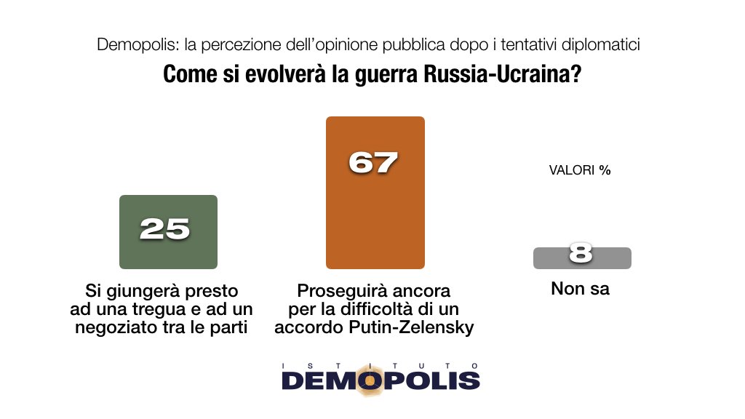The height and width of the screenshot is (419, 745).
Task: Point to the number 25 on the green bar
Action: pos(165,229)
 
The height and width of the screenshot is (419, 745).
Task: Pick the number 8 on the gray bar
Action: pos(581,253)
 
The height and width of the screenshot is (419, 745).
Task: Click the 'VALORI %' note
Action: pos(579,172)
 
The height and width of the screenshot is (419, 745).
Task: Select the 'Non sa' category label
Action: pos(580,289)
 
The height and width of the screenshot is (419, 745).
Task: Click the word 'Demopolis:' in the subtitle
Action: pos(137,44)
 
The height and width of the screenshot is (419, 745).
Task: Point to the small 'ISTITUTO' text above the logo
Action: pos(381,365)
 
